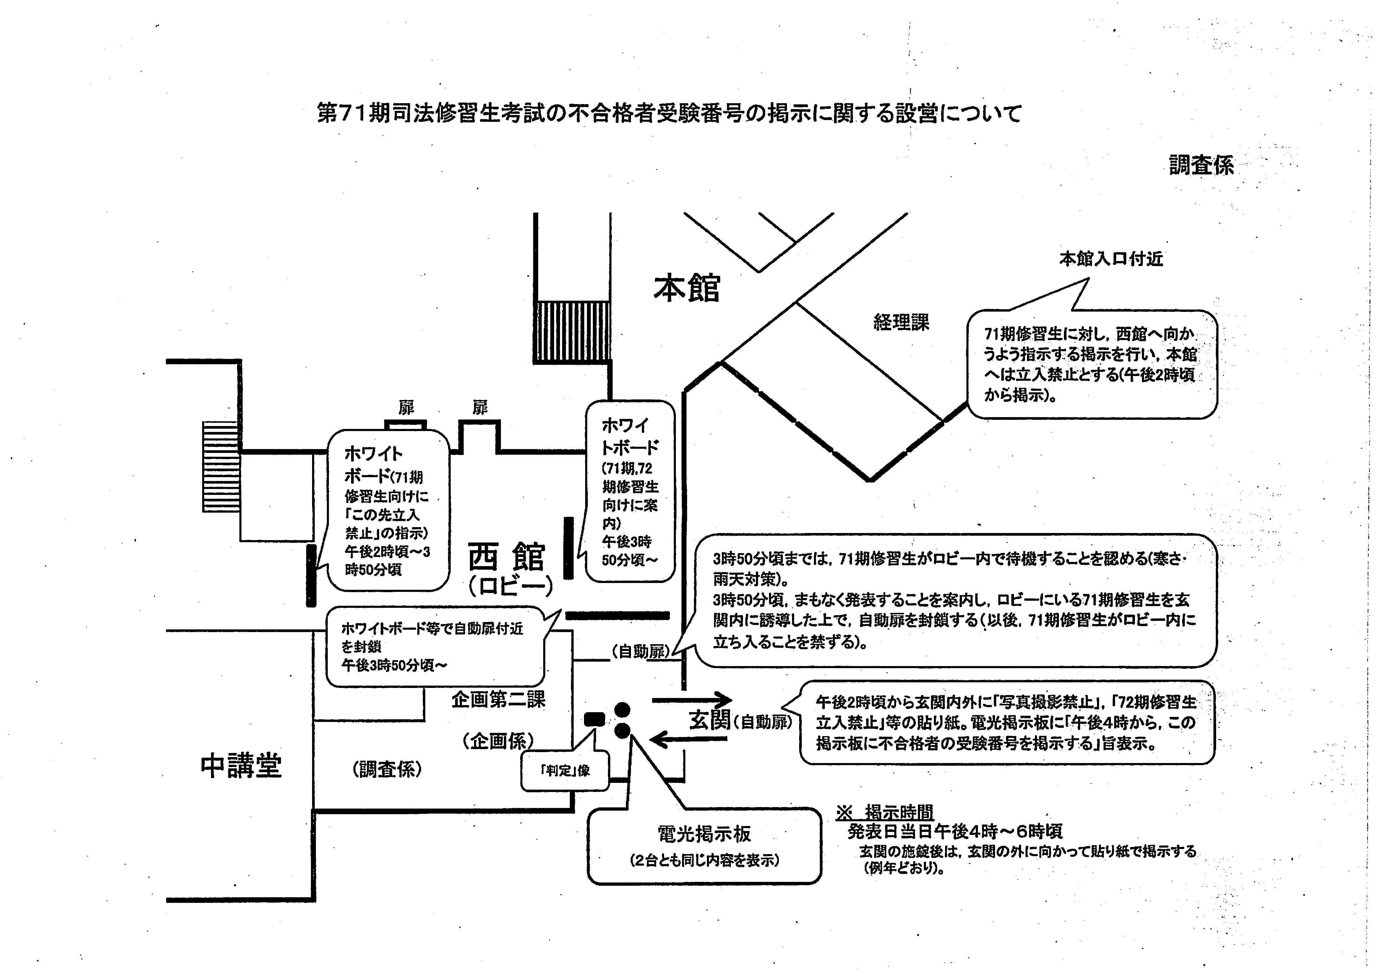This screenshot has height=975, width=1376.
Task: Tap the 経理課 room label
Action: click(x=901, y=323)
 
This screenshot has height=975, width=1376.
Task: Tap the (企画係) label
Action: click(x=498, y=741)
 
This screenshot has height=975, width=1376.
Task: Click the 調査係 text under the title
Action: click(x=1201, y=165)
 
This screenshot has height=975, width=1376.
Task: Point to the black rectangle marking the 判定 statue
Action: click(x=595, y=719)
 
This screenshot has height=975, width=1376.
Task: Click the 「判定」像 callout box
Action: click(x=565, y=770)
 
